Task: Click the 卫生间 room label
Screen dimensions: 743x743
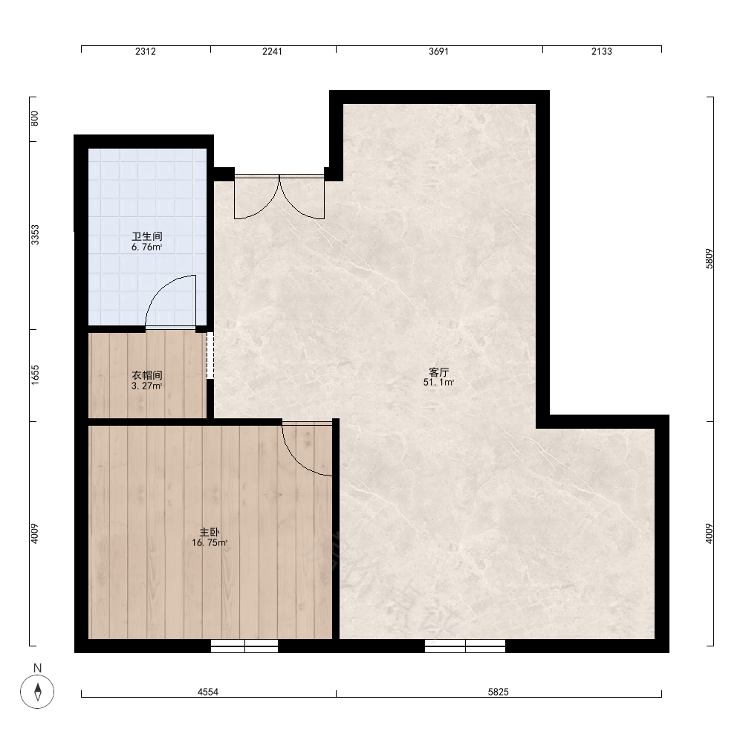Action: click(147, 236)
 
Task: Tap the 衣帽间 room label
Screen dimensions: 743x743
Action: click(147, 374)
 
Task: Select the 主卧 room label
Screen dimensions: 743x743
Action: click(210, 532)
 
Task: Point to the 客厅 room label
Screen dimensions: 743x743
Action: click(439, 372)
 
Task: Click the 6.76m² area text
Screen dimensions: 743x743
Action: click(147, 247)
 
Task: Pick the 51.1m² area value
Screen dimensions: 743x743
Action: click(439, 383)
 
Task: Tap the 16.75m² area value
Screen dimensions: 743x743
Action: click(210, 542)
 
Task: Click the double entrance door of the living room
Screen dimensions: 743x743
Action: click(279, 197)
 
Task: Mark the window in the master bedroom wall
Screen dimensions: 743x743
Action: click(244, 646)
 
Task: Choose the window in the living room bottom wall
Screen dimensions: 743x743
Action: click(465, 646)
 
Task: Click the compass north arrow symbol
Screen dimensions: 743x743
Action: click(37, 691)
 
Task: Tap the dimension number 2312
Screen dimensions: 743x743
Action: click(146, 52)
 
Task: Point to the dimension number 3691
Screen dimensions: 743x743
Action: click(439, 52)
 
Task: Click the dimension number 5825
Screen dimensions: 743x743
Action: click(499, 692)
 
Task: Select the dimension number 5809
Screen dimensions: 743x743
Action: click(710, 259)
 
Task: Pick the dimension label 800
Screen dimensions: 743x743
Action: click(35, 118)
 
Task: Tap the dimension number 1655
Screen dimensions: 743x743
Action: click(35, 374)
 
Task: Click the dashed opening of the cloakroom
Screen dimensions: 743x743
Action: click(210, 355)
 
